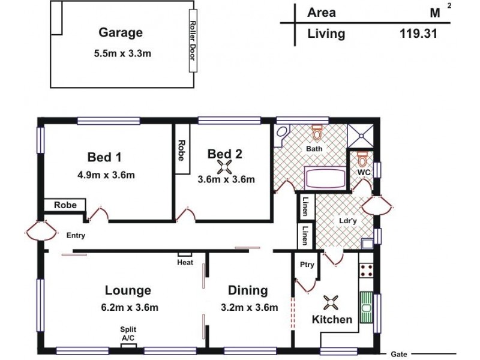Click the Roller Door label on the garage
click(x=193, y=40)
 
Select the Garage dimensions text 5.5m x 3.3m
click(x=122, y=53)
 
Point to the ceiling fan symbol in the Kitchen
click(x=331, y=301)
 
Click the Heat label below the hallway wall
click(x=185, y=262)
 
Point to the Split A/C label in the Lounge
click(x=128, y=334)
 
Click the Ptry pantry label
click(x=307, y=265)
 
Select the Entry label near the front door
click(x=76, y=235)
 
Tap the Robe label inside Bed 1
click(x=65, y=205)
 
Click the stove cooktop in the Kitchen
click(x=365, y=270)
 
